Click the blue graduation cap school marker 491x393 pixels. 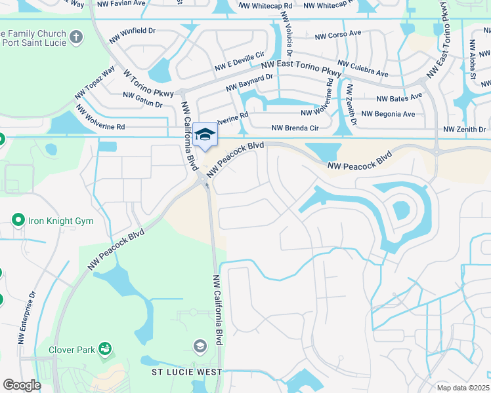coord(205,135)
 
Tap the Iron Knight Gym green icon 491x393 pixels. coord(18,220)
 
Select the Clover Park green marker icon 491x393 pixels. coord(105,348)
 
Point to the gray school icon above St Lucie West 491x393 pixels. coord(200,345)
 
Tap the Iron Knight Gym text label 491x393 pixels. coord(60,221)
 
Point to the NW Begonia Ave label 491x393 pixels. coord(388,114)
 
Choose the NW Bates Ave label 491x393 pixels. coord(399,98)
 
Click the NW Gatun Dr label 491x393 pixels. coord(142,100)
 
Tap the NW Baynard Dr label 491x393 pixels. coord(249,83)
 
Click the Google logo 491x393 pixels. coord(22,385)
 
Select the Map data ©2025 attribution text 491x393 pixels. coord(463,388)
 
